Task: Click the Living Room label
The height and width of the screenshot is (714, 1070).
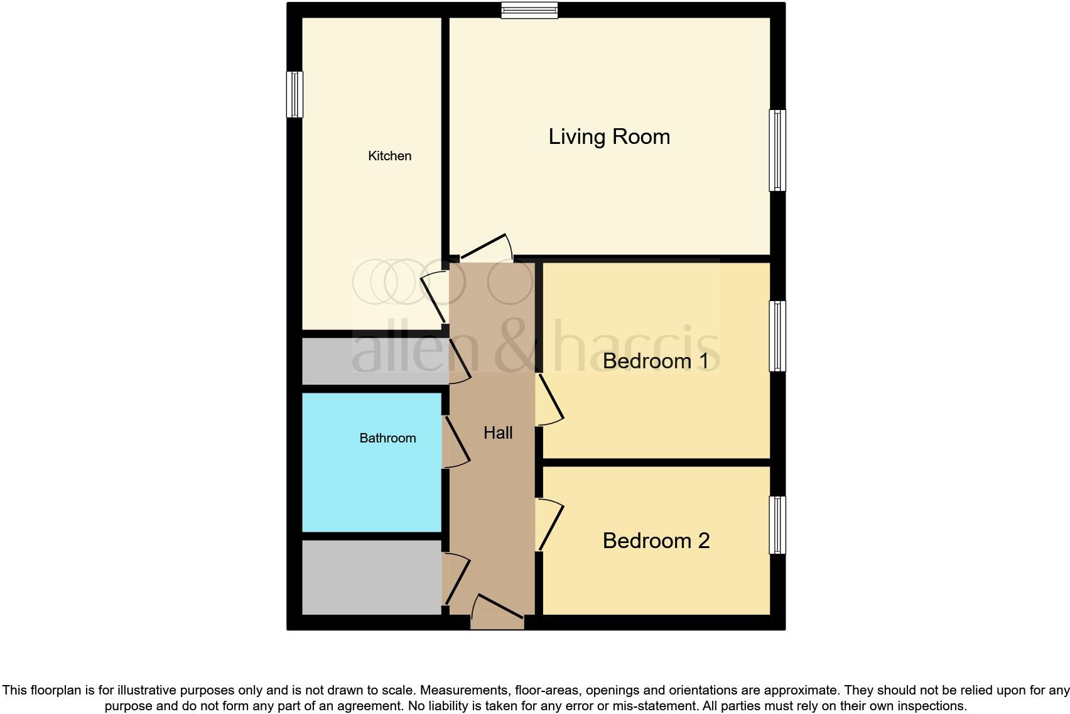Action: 609,137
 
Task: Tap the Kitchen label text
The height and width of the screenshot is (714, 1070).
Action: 389,156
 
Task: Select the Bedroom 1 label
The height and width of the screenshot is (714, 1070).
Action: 656,361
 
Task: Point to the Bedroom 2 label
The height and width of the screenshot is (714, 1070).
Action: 656,541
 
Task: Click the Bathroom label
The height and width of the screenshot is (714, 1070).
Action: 387,438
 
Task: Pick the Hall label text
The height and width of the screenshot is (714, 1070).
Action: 498,432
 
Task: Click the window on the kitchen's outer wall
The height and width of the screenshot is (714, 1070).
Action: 295,94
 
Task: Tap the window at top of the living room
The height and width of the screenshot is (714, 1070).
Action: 529,9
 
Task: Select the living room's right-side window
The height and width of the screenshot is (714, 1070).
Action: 777,150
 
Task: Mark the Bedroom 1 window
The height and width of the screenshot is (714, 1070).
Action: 777,336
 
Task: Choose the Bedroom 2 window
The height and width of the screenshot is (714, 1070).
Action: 777,525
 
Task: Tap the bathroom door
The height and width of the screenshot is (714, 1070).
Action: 456,442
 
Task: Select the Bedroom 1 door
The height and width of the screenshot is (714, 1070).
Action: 549,400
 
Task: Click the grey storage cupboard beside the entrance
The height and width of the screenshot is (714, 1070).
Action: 372,577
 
